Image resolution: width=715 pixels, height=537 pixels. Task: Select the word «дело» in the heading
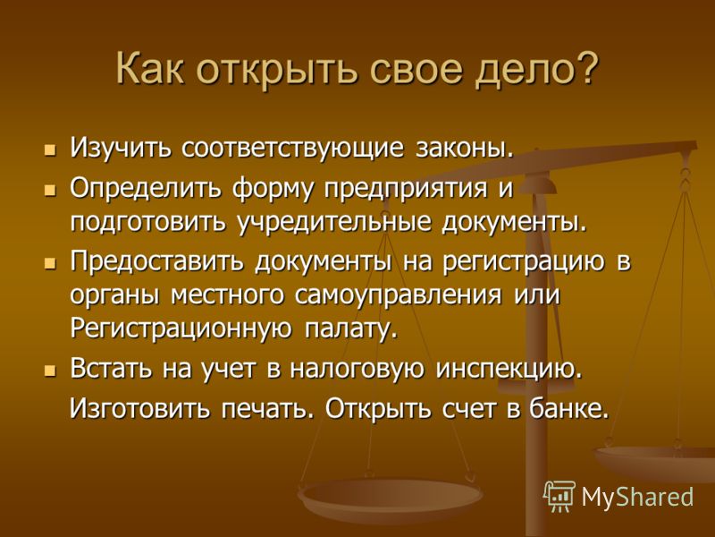(x=521, y=70)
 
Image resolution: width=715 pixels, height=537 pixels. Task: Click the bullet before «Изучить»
(x=50, y=149)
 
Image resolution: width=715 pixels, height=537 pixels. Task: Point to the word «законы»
(x=465, y=149)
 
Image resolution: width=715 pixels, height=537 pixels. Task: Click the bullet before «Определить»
(x=50, y=190)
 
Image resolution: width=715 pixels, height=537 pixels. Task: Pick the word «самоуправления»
(x=398, y=296)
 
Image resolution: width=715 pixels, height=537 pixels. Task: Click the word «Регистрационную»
(x=181, y=328)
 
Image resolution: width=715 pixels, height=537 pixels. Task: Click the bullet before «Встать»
(x=50, y=371)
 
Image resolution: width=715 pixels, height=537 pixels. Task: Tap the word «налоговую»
(x=357, y=370)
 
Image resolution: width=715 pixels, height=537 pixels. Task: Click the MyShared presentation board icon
(x=559, y=497)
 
